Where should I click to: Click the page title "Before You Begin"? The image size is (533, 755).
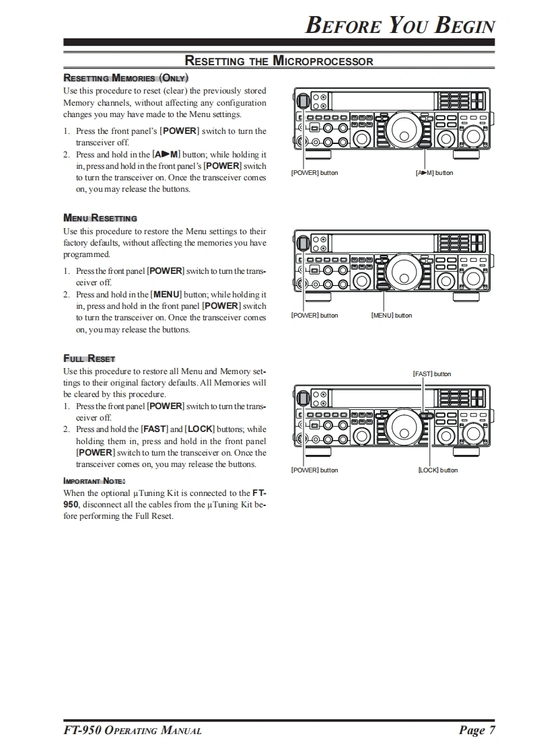[x=400, y=25]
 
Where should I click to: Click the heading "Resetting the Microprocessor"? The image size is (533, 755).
[x=279, y=61]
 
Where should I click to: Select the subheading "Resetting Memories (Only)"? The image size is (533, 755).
[x=125, y=77]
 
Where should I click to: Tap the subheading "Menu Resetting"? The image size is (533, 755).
[x=100, y=218]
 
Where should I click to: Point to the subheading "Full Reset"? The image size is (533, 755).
[x=90, y=359]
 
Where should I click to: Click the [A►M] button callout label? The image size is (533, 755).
[x=435, y=173]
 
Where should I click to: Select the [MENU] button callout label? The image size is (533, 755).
[x=392, y=316]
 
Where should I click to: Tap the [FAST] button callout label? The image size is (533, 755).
[x=432, y=373]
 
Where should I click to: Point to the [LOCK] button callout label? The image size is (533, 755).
[x=437, y=470]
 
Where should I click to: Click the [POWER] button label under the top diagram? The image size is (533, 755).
[x=314, y=173]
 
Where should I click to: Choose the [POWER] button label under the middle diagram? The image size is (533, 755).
[x=314, y=316]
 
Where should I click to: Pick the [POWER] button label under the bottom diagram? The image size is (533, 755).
[x=314, y=470]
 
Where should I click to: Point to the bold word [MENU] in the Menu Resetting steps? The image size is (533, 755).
[x=166, y=294]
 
